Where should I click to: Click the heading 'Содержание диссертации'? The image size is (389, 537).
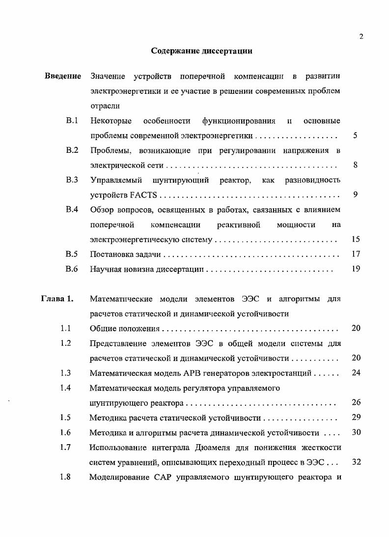[201, 51]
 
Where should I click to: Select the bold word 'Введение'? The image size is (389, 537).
[63, 76]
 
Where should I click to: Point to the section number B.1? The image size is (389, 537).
[72, 120]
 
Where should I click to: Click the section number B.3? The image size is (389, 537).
[72, 180]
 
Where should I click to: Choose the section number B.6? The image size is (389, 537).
[72, 269]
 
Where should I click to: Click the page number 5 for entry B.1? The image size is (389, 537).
[355, 136]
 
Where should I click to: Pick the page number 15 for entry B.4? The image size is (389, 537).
[356, 239]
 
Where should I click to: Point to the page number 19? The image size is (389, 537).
[356, 269]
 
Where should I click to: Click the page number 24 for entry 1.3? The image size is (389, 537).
[356, 373]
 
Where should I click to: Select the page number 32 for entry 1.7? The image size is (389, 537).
[356, 462]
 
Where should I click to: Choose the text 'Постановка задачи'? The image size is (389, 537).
[126, 254]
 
